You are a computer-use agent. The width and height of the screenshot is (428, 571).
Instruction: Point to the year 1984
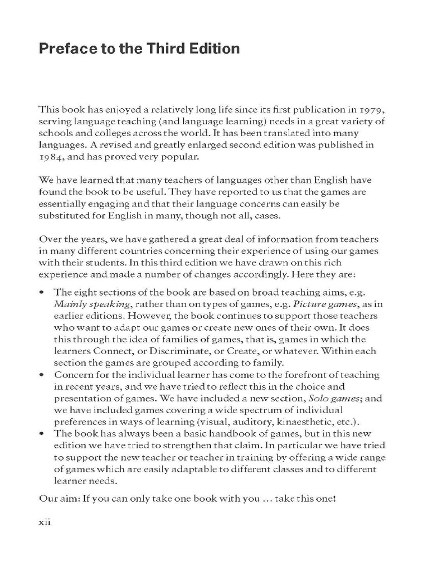[x=52, y=158]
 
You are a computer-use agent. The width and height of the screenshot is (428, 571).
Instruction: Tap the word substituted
[x=65, y=216]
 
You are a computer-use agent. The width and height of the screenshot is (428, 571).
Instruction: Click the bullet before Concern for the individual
[x=42, y=375]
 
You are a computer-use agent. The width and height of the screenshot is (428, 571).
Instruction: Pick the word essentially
[x=63, y=205]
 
